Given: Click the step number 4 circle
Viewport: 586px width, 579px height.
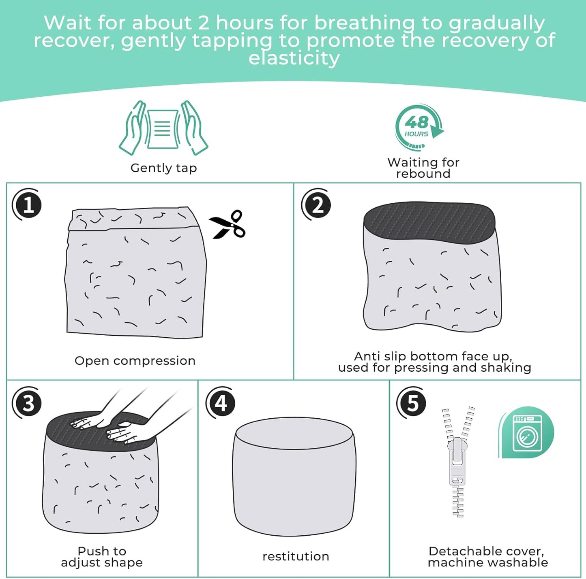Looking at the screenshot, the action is [x=221, y=403].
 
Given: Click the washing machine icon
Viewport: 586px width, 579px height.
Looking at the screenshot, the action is [x=527, y=433].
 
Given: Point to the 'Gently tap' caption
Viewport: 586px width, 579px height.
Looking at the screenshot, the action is [x=163, y=168].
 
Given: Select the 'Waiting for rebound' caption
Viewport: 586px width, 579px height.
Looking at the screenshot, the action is [x=423, y=168].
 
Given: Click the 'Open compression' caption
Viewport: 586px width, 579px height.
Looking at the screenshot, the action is [x=135, y=361].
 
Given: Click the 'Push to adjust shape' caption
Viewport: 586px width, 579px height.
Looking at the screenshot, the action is [x=102, y=557].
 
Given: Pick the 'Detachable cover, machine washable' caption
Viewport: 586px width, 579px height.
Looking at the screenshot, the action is [x=488, y=557].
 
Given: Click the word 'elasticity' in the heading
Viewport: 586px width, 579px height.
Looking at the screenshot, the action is [x=294, y=58].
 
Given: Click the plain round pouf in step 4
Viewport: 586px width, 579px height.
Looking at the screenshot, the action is [x=294, y=476].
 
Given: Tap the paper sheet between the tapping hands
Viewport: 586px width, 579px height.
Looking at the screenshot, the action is [x=163, y=129].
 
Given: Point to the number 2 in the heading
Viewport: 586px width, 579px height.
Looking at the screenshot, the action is [x=204, y=23].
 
